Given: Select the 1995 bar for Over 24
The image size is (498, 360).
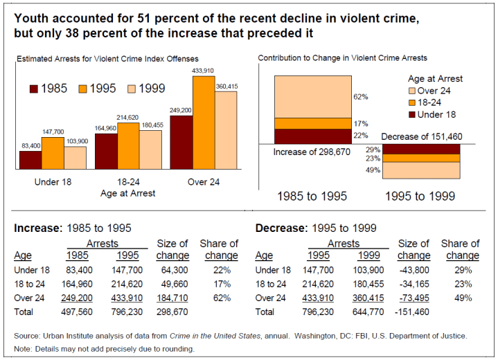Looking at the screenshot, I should [204, 123].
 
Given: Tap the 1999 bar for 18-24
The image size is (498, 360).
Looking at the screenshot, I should [150, 150].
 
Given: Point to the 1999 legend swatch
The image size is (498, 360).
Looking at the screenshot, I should [127, 89].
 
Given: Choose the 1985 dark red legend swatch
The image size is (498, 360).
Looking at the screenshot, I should [34, 89].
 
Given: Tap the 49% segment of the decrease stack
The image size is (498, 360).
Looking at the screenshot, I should [421, 170].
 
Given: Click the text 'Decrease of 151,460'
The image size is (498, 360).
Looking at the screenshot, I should [422, 136].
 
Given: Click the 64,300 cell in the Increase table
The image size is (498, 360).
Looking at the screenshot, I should [173, 270].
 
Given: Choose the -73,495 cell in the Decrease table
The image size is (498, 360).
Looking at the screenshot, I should [414, 298].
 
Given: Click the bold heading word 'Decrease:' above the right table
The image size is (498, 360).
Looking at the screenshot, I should [282, 227].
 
